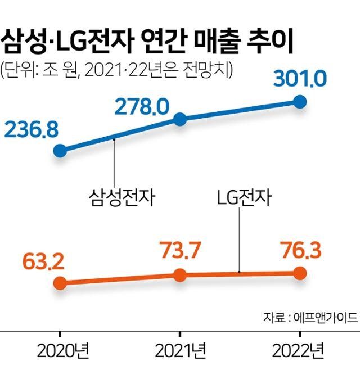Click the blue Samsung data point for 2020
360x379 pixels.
[x=60, y=150]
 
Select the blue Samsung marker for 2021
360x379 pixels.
[x=180, y=119]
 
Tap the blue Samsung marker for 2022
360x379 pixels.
[x=300, y=102]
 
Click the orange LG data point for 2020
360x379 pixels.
[x=60, y=283]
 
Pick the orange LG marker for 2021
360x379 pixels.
[x=180, y=275]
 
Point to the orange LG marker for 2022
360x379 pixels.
[x=300, y=273]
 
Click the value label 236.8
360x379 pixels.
[x=31, y=129]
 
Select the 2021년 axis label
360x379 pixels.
[x=180, y=351]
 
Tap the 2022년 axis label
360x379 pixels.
[x=298, y=351]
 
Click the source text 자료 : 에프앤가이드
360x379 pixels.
[x=310, y=317]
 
